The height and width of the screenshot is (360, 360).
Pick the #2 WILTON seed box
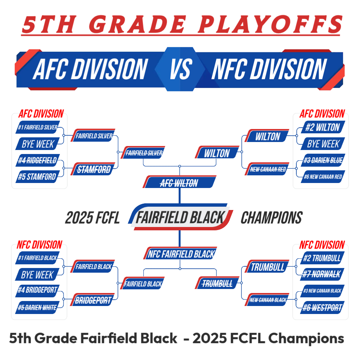[x=323, y=127]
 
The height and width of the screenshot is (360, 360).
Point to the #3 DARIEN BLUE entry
[x=323, y=160]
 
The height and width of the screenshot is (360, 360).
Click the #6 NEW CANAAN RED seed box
[x=323, y=177]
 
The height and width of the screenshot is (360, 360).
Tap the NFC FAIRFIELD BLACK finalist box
[x=180, y=253]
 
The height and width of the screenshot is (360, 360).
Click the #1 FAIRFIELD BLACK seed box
[x=37, y=258]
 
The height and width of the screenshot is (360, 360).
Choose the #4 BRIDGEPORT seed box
[x=37, y=291]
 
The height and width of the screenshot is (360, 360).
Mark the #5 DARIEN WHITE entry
[x=37, y=307]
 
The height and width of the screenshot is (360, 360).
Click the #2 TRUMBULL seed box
[x=322, y=258]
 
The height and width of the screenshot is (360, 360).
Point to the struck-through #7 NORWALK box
[x=322, y=274]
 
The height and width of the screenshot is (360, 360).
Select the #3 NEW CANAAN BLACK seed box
[x=322, y=291]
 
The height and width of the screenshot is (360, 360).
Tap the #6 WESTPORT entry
[x=322, y=307]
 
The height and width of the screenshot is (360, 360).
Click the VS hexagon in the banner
[x=180, y=69]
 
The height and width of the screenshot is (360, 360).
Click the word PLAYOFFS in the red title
[x=270, y=24]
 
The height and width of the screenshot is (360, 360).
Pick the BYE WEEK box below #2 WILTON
[x=323, y=143]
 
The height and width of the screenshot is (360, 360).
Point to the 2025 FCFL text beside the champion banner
[x=92, y=218]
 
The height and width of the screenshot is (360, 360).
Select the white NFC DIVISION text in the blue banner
[x=269, y=69]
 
